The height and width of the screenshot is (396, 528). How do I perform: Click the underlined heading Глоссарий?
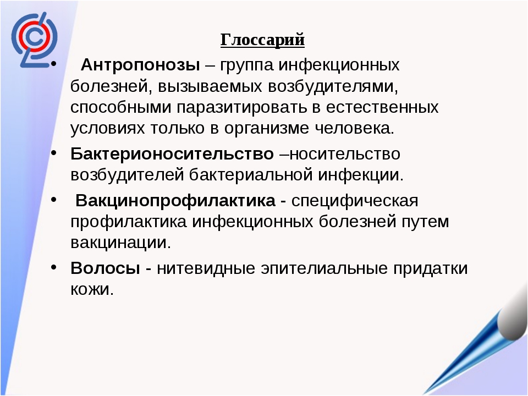point(262,40)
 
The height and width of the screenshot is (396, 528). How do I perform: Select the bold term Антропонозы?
point(140,65)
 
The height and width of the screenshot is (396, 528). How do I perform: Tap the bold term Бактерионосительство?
point(172,154)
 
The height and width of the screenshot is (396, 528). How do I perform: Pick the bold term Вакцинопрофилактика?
point(175,201)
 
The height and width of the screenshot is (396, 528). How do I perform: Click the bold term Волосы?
point(106,268)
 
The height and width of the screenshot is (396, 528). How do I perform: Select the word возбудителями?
point(333,86)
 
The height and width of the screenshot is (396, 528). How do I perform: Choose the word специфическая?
point(355,201)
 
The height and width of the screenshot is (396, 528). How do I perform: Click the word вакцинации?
point(121,243)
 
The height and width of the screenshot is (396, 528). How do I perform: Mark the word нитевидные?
point(206,268)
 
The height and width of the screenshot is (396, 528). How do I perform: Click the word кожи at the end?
point(92,289)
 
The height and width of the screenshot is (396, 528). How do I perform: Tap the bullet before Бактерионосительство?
point(54,152)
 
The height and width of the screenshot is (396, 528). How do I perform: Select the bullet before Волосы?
point(54,267)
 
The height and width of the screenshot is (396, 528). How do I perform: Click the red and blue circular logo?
point(34,40)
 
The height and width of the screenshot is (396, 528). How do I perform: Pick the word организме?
point(267,129)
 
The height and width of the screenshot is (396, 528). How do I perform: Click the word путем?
point(425,222)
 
